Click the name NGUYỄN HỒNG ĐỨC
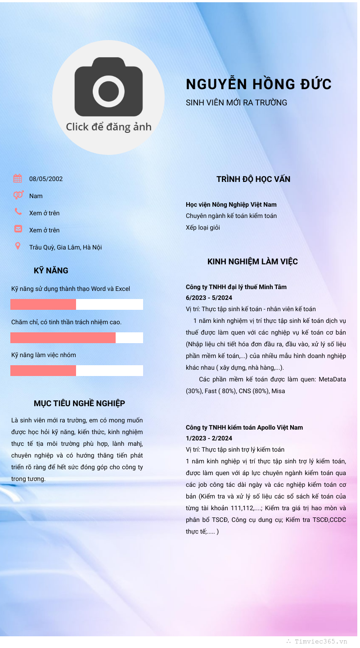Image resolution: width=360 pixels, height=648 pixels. pos(259,84)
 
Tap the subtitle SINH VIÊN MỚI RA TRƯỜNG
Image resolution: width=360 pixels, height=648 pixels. pos(236,103)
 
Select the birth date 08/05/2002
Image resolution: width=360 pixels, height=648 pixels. pos(46,179)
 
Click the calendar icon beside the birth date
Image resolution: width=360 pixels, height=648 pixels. pos(18,178)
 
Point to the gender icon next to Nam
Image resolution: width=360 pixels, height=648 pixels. pos(18,195)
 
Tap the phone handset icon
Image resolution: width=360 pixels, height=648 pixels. pos(18,212)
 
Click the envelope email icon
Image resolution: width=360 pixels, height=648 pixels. pos(18,229)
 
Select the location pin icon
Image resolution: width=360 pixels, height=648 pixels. pos(18,246)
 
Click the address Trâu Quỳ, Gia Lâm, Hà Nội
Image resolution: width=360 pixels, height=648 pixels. pos(66,247)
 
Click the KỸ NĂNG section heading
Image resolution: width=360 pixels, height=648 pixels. pos(51,271)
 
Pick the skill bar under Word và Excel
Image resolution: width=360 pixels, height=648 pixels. pos(76,304)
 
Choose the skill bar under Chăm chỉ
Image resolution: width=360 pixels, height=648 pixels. pos(76,338)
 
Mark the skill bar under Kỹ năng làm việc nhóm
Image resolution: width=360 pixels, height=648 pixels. pos(76,371)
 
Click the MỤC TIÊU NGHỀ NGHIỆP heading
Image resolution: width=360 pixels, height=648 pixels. pos(79,403)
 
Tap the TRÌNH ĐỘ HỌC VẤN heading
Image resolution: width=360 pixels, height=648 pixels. pos(253,179)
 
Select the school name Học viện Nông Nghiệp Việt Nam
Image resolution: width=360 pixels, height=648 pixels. pos(231,204)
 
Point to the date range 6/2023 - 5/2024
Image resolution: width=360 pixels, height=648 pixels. pos(208,298)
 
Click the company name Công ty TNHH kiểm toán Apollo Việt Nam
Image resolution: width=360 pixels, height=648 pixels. pos(244,427)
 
